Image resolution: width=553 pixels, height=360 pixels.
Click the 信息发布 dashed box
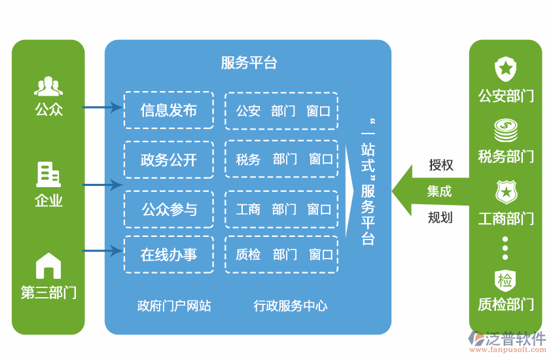[x=169, y=110]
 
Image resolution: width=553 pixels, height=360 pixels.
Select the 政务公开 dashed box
[x=169, y=160]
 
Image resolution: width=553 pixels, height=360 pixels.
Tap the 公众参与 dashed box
[x=169, y=209]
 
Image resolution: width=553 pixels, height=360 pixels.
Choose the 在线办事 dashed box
[x=169, y=255]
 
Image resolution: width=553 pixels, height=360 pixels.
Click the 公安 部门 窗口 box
[x=282, y=111]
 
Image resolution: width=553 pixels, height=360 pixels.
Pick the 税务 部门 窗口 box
[x=282, y=159]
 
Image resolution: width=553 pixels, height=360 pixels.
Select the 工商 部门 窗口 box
[x=282, y=209]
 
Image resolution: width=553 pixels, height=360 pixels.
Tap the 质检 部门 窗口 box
[x=282, y=255]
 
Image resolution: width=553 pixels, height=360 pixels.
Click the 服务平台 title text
[x=249, y=63]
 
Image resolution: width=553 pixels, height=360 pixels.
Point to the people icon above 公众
[x=48, y=86]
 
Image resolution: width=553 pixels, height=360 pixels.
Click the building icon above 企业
[x=48, y=174]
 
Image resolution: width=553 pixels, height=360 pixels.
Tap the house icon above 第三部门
[x=48, y=266]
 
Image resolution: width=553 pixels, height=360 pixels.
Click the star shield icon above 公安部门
[x=505, y=68]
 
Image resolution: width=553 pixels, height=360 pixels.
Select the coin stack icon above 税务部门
[x=505, y=130]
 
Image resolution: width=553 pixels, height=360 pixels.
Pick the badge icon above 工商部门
[x=505, y=192]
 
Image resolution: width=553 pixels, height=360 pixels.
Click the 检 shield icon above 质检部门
[x=505, y=281]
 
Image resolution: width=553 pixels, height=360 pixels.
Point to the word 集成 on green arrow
[x=439, y=192]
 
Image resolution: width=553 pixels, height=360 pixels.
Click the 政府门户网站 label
[x=174, y=306]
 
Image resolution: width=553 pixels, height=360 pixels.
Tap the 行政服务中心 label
[x=291, y=306]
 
